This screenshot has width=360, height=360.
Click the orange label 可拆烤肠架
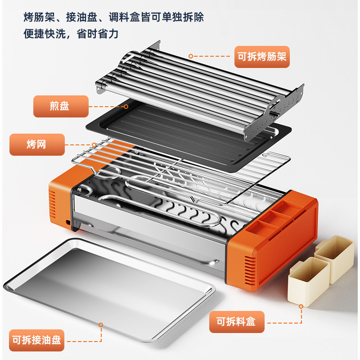click(x=262, y=57)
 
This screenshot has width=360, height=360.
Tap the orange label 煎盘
click(x=61, y=107)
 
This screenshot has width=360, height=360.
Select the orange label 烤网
click(x=37, y=144)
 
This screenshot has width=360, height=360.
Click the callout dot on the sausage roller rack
click(x=190, y=56)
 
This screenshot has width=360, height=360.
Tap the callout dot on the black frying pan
click(x=126, y=107)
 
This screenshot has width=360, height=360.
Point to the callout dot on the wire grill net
click(x=93, y=144)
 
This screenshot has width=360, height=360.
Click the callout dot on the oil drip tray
click(x=101, y=324)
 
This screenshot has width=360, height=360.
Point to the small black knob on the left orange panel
click(x=68, y=223)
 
